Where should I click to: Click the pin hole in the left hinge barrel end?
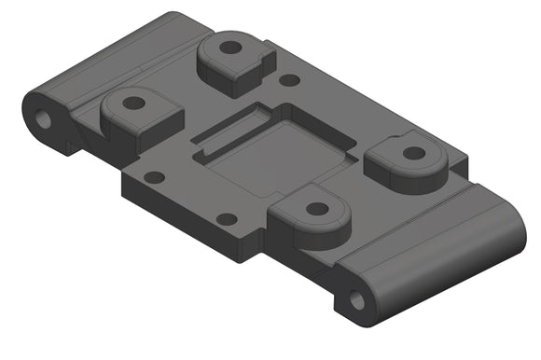coord(43,118)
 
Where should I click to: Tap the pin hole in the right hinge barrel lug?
coord(356,300)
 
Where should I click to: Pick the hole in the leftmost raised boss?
coord(133,104)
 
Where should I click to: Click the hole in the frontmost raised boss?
coord(317,209)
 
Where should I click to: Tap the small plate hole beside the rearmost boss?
coord(290,81)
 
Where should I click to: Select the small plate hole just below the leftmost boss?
coord(155,176)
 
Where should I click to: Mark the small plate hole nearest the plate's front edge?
coord(226,219)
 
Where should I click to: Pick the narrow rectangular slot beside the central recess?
coord(229,132)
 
